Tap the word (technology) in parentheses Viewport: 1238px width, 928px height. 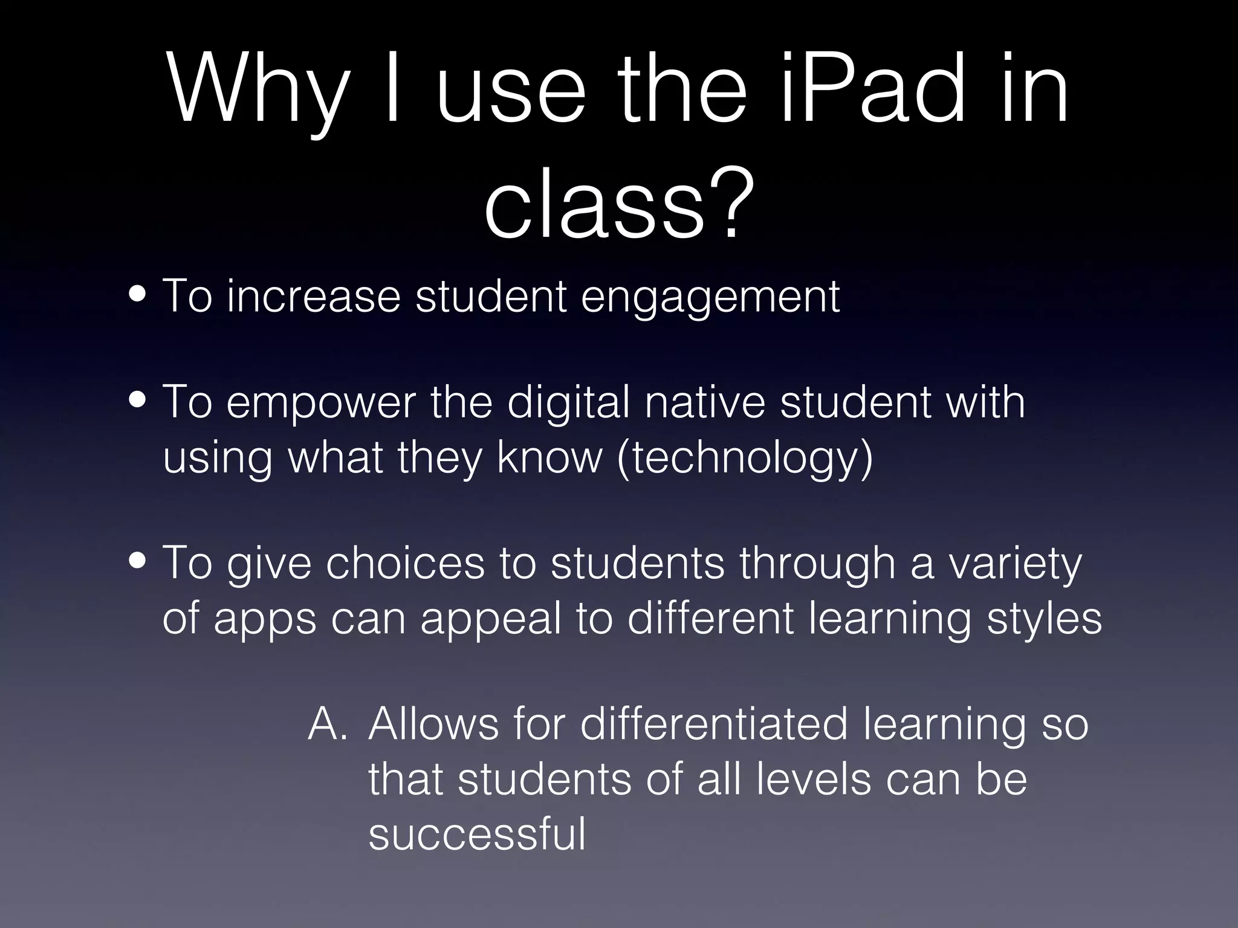click(x=745, y=459)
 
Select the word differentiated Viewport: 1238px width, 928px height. click(x=714, y=723)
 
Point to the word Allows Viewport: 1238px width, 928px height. click(x=433, y=723)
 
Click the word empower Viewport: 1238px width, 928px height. click(x=321, y=404)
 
